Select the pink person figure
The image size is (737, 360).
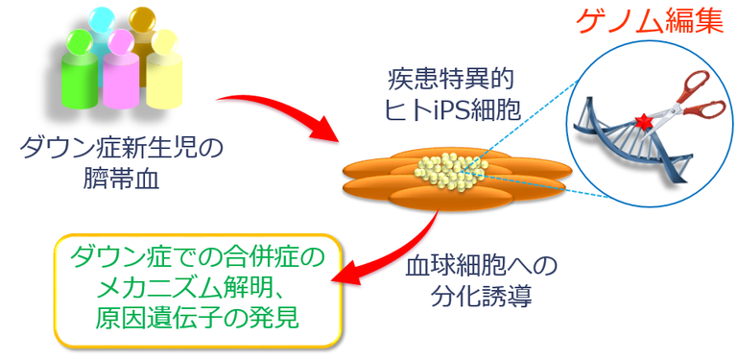pos(120,77)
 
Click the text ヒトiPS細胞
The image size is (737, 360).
pos(447,110)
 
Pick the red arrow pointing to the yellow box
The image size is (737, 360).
pos(384,259)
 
